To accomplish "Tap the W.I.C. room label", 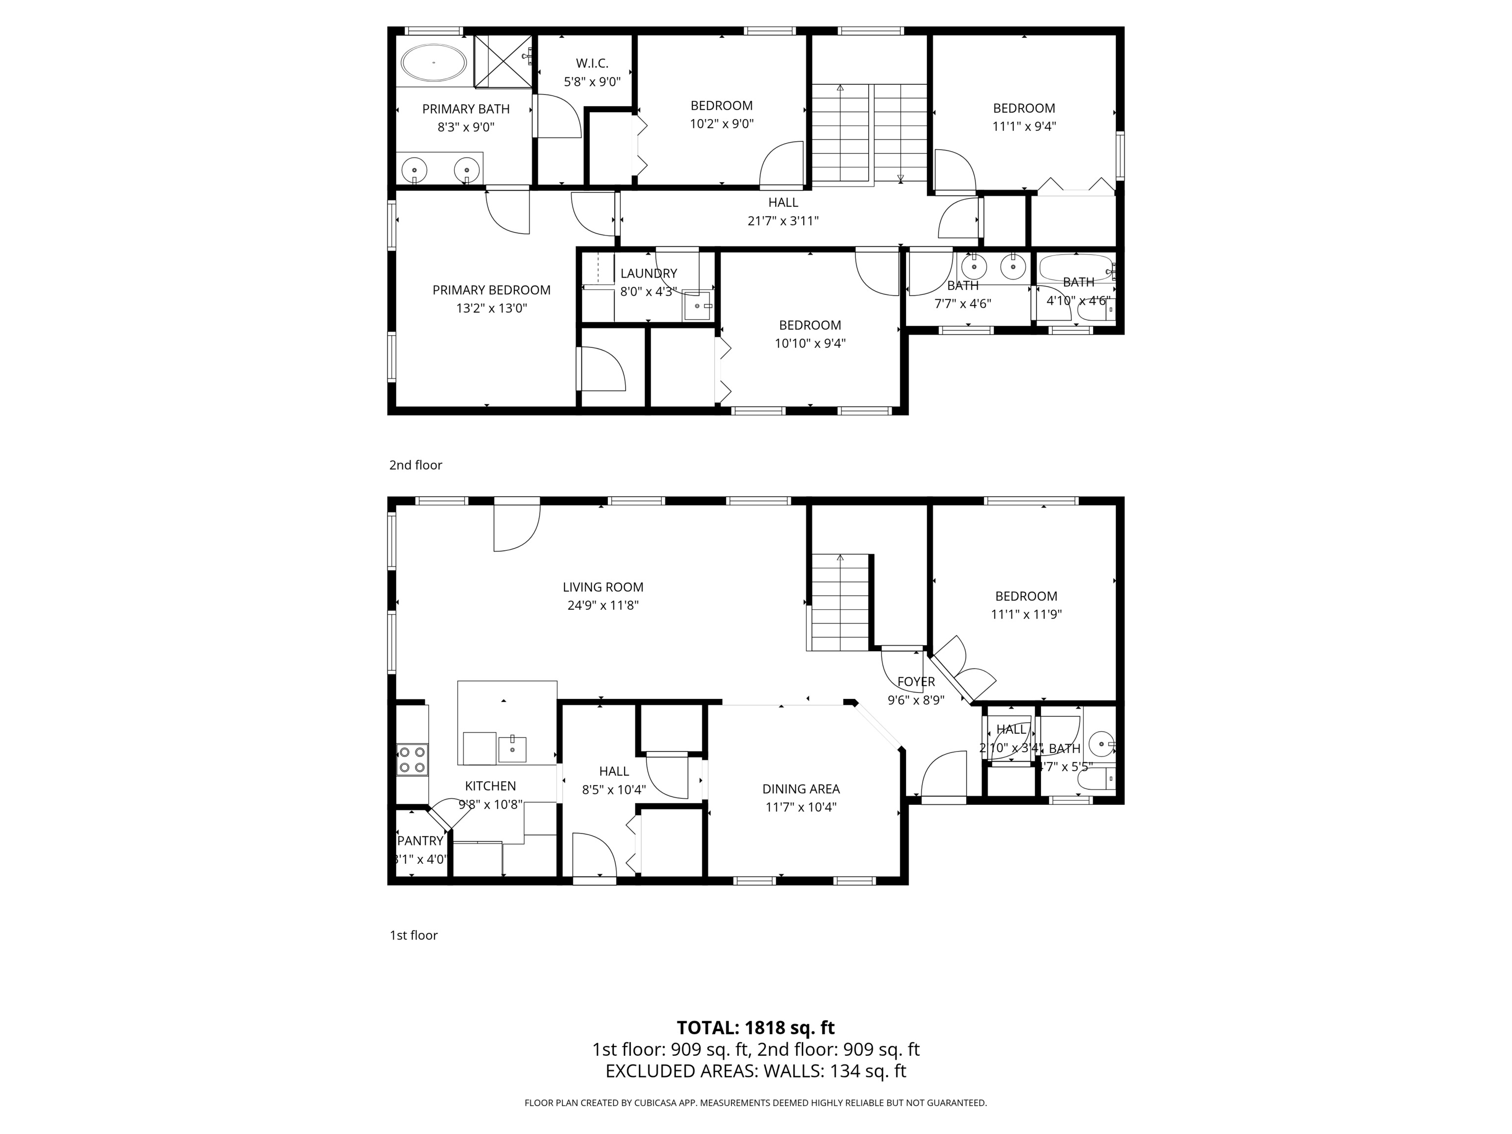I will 592,63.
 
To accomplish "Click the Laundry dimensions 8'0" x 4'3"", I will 648,291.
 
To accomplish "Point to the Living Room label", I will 603,587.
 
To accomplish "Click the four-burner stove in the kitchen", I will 412,759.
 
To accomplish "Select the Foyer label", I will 916,682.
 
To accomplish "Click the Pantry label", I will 420,841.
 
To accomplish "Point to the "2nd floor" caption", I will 415,465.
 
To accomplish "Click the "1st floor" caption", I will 413,935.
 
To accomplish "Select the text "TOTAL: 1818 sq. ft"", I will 756,1027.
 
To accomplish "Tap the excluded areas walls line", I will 756,1071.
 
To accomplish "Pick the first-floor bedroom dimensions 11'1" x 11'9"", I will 1026,614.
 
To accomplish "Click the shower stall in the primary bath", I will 503,62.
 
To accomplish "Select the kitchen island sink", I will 512,749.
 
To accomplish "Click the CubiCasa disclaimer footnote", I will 756,1102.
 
